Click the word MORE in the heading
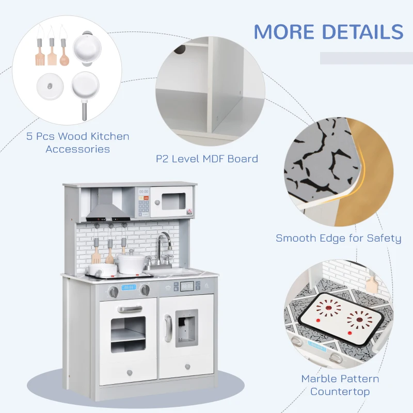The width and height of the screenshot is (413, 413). pos(283,31)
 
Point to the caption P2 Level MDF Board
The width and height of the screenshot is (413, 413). pos(207,159)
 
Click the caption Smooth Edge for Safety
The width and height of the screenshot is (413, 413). pos(338,238)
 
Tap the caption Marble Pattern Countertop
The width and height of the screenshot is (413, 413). pos(340,385)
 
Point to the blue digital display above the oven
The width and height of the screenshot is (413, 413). pos(128,288)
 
